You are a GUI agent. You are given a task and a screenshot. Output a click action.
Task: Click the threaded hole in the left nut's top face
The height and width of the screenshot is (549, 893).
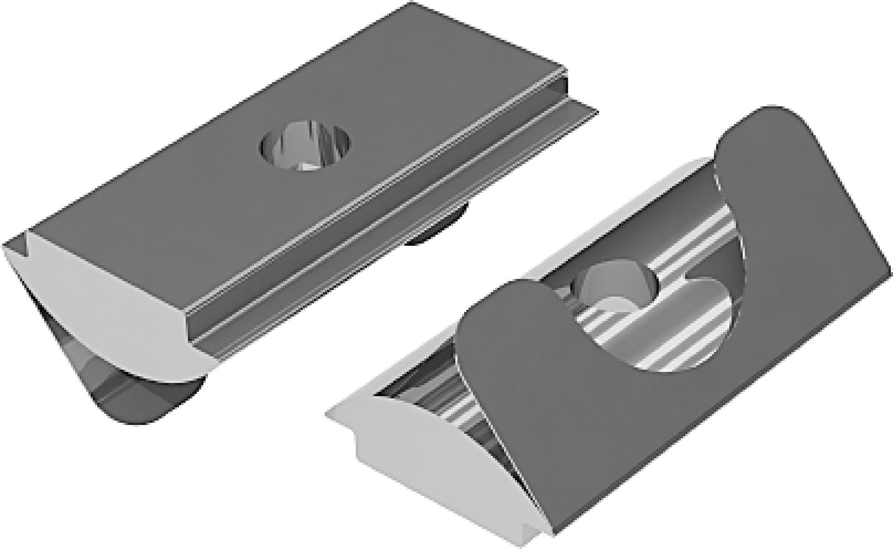pos(306,150)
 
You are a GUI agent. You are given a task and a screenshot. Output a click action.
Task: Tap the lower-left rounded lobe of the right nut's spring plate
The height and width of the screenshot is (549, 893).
pos(502,313)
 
